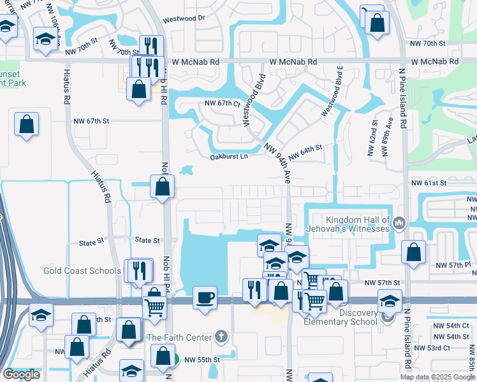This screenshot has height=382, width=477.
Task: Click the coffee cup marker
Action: click(x=205, y=298)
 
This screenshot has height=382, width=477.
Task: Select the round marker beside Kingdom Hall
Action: click(x=399, y=223)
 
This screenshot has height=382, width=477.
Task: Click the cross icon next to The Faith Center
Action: click(x=221, y=336)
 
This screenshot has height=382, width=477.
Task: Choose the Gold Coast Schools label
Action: click(x=82, y=271)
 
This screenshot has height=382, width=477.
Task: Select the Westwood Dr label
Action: click(x=184, y=18)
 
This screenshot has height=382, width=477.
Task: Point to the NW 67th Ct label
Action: click(x=222, y=103)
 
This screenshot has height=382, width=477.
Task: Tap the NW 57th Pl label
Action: click(x=453, y=265)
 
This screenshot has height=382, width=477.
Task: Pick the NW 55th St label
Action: click(x=202, y=360)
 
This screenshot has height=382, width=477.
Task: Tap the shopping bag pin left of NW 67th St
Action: click(x=27, y=124)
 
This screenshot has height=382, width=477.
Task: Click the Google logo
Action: click(x=21, y=374)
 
